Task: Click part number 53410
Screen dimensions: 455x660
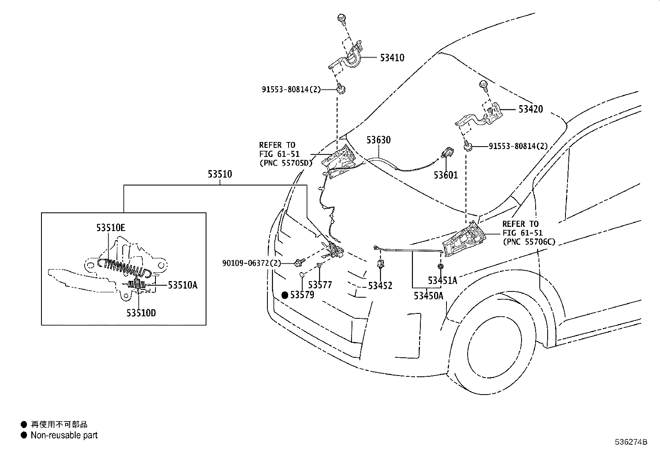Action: [392, 58]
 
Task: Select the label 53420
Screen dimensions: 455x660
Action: [530, 110]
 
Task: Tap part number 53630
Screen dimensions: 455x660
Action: [378, 140]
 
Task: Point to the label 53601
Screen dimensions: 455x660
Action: [446, 175]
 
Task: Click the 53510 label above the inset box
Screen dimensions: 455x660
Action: [220, 174]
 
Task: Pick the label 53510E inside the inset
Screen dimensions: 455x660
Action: [111, 228]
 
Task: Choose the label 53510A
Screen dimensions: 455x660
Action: [182, 285]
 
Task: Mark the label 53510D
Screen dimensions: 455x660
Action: [141, 313]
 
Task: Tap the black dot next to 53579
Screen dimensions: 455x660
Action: [285, 295]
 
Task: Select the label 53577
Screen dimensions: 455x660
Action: [320, 285]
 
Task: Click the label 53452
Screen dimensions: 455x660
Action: [380, 286]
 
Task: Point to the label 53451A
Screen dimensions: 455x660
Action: [442, 281]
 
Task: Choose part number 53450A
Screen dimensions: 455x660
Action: [428, 296]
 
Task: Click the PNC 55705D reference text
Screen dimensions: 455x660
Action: [285, 163]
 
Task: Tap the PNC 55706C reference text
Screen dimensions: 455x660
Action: [528, 242]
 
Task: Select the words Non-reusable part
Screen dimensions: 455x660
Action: [64, 435]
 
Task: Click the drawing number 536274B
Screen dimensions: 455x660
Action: [631, 442]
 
